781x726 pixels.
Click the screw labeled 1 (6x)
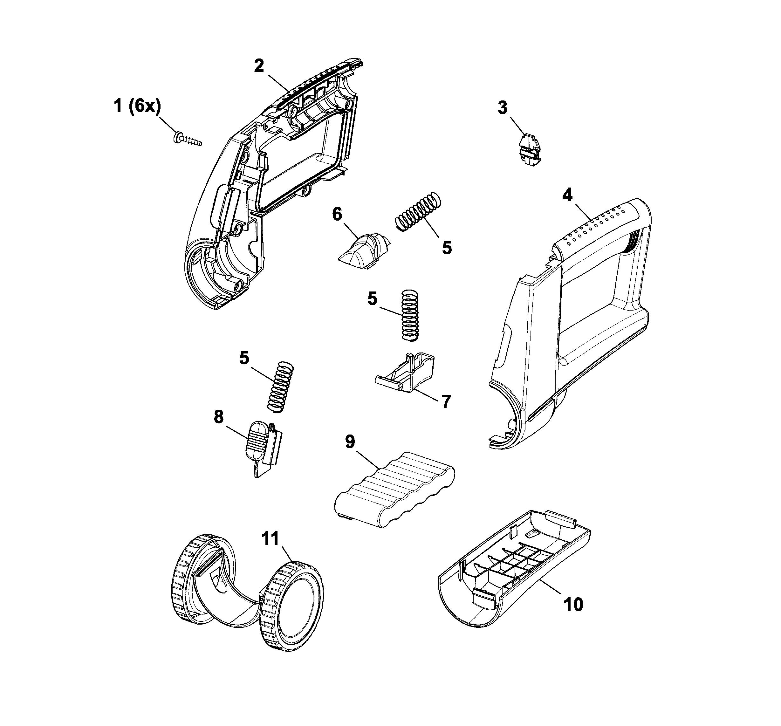tap(188, 139)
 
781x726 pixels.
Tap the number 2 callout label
tap(259, 66)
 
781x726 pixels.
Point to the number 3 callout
tap(503, 108)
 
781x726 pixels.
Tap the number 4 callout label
tap(567, 195)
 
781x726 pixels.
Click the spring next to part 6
tap(418, 211)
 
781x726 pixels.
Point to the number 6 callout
tap(337, 215)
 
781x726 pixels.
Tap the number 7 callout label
tap(446, 401)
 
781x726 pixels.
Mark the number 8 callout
tap(219, 417)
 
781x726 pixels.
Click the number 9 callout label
tap(350, 442)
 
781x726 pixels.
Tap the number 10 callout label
tap(573, 605)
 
